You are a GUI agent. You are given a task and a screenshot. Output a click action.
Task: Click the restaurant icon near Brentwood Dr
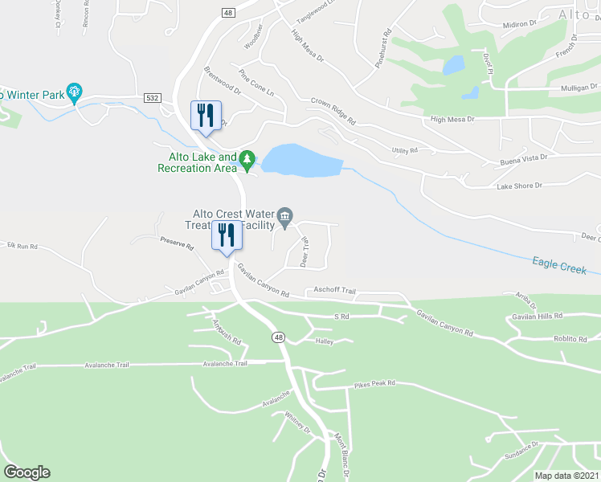click(205, 115)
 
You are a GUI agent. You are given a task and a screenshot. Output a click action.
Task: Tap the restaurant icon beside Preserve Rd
click(226, 235)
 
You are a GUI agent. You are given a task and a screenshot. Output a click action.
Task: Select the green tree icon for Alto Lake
click(247, 161)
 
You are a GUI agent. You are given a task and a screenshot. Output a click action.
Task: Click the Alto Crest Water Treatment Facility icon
click(284, 215)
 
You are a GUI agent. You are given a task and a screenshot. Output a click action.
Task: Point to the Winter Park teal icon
click(75, 93)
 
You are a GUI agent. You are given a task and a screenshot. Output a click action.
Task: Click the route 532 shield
click(153, 97)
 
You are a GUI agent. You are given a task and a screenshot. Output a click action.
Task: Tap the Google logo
click(27, 472)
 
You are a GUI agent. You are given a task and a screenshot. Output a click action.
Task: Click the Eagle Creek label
click(558, 265)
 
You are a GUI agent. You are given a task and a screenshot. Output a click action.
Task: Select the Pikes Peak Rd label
click(374, 384)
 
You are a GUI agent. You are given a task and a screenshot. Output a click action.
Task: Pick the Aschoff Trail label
click(334, 290)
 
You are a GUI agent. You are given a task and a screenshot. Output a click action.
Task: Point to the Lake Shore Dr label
click(519, 186)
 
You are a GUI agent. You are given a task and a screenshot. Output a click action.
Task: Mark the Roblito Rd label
click(570, 339)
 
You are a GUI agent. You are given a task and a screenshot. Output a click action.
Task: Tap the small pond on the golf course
click(453, 64)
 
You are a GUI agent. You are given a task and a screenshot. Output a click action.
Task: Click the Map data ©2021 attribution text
click(566, 476)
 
